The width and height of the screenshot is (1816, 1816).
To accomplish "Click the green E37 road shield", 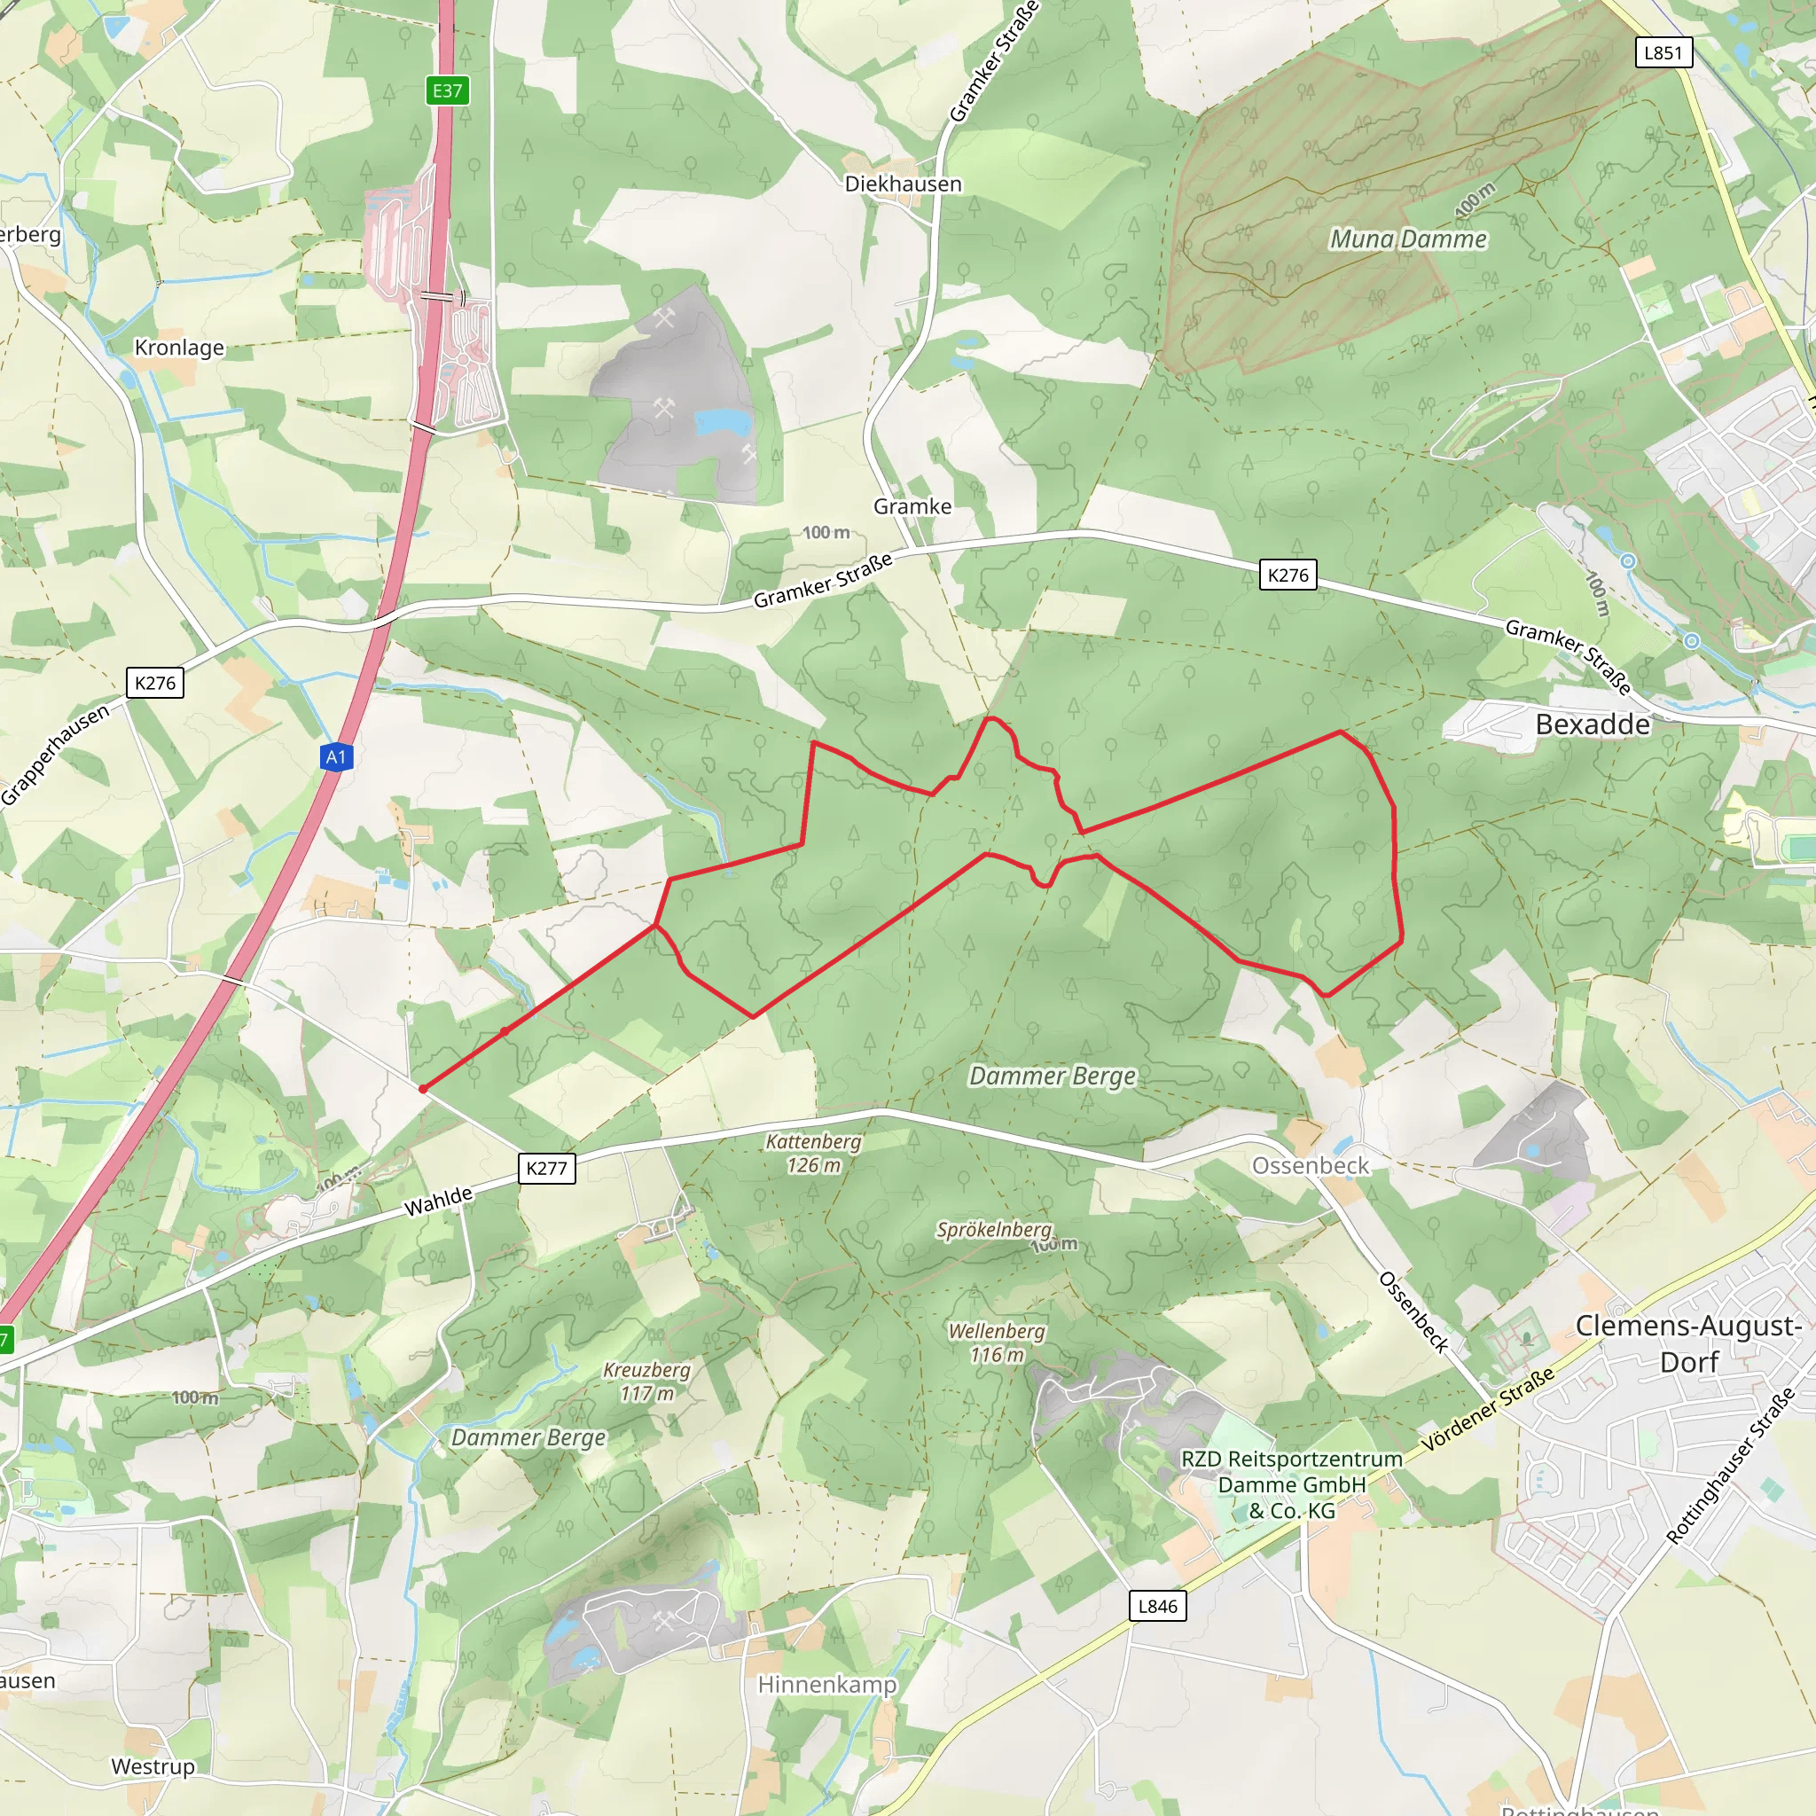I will pos(448,90).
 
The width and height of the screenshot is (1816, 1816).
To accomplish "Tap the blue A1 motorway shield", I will pos(336,756).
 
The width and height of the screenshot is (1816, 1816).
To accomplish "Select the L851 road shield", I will pos(1663,52).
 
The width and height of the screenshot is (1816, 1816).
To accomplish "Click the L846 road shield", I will pos(1157,1606).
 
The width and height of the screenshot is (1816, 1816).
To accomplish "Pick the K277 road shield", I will pos(546,1169).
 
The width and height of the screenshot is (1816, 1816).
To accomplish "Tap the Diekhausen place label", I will pos(903,184).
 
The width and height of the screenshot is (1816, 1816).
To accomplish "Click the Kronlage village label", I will pos(179,348).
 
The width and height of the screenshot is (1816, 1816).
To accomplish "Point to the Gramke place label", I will pos(912,506).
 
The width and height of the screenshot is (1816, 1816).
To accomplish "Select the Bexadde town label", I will pos(1593,724).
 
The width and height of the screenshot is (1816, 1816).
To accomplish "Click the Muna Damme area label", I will pos(1408,239).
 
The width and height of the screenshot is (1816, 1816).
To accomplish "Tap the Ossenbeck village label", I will pos(1311,1165).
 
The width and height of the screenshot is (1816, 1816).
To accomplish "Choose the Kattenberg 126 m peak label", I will pos(813,1154).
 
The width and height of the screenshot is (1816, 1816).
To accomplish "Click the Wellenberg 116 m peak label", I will pos(997,1342).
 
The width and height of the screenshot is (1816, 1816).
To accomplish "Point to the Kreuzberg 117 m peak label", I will pos(646,1382).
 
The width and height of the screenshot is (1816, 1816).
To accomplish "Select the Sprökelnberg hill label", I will pos(993,1230).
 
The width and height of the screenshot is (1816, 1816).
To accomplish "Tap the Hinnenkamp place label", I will pos(827,1685).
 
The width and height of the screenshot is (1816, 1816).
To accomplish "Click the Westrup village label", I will pos(153,1766).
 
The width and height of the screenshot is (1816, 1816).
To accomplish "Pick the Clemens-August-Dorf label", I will pos(1688,1343).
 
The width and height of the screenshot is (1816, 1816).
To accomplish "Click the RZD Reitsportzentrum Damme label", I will pos(1291,1484).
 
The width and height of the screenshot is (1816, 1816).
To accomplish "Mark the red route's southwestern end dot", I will pos(423,1089).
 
